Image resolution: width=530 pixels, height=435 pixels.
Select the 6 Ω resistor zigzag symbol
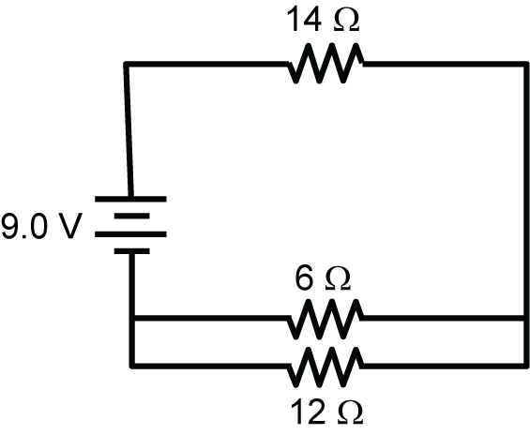325,319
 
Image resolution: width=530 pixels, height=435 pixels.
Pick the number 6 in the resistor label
308,277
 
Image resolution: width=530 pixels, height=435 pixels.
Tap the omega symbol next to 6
337,278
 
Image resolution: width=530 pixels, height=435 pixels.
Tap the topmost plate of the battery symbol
130,199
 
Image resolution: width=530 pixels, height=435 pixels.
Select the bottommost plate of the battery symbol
130,251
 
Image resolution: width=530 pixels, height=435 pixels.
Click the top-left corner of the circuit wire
126,64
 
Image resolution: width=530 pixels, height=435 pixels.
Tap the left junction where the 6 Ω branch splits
131,319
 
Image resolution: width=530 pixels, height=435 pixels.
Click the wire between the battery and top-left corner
128,131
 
